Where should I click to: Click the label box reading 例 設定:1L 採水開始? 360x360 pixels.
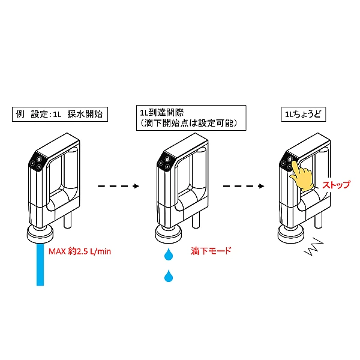(59, 113)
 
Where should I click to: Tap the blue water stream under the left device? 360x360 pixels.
(40, 264)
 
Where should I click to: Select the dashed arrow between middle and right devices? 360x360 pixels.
(244, 186)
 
